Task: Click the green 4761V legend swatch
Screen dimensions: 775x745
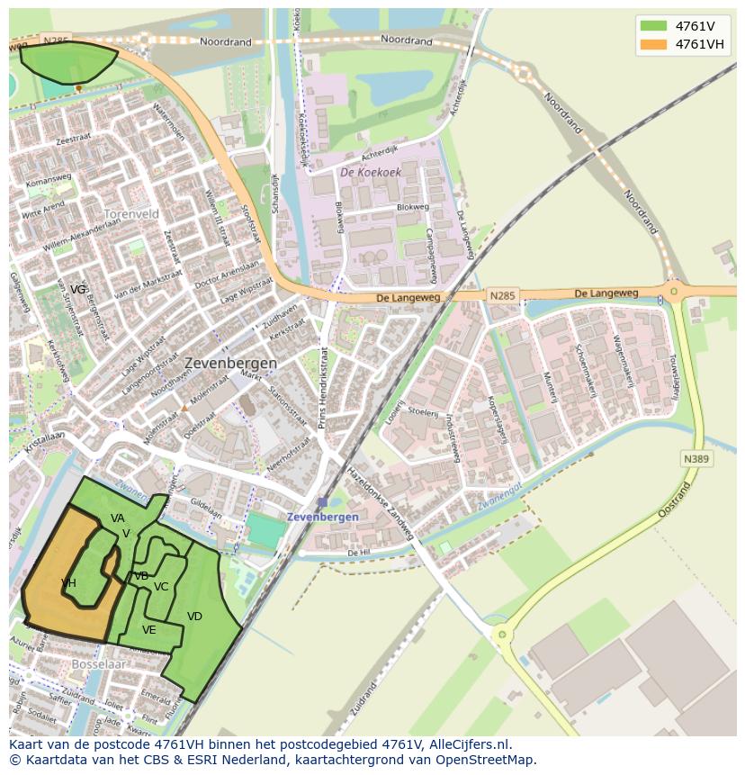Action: [x=654, y=26]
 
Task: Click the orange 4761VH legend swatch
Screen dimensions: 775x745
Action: [x=654, y=44]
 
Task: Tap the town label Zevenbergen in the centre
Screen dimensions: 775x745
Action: [x=230, y=363]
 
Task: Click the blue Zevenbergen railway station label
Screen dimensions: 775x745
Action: [x=322, y=517]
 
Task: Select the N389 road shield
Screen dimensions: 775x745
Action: [x=696, y=459]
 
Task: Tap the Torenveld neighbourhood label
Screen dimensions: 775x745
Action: [x=131, y=214]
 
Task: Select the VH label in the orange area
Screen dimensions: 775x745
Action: [x=68, y=583]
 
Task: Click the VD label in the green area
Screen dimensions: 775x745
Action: [x=194, y=617]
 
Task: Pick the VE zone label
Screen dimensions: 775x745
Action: [x=149, y=630]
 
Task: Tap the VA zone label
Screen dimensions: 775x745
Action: [x=118, y=518]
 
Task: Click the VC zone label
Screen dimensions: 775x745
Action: [x=161, y=587]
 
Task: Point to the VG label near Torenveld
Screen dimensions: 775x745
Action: [x=78, y=290]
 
